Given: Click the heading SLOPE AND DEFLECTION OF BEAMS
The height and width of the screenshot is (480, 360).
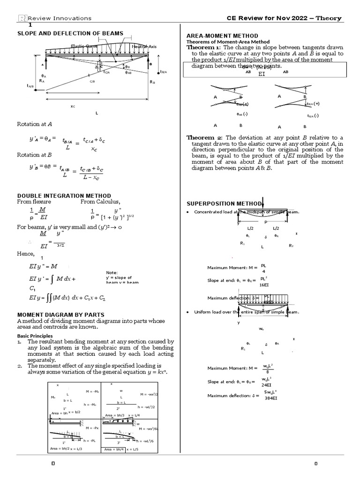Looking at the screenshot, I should [70, 33].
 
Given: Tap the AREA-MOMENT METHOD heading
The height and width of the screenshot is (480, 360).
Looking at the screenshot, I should [222, 36].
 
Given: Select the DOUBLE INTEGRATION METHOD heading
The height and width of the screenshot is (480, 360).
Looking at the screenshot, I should [64, 195].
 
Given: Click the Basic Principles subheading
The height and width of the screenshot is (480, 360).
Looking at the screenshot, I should [35, 336].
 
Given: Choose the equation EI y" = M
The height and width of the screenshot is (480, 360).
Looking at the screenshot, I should [43, 266].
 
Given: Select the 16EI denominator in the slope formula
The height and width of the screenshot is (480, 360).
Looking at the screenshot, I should [264, 285].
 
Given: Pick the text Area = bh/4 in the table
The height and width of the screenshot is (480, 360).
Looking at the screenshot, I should [114, 450].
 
